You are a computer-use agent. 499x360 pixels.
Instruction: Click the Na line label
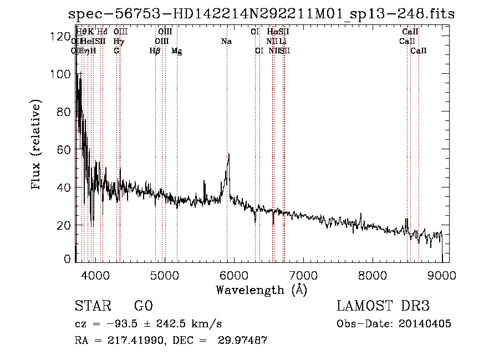click(226, 42)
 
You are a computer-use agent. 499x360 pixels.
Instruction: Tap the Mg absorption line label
click(176, 51)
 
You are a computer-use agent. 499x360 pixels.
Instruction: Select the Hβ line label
click(155, 51)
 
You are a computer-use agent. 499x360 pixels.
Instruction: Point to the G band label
click(116, 51)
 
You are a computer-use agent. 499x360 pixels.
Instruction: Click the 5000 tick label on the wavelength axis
click(164, 275)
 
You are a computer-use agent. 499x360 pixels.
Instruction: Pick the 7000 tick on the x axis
click(303, 275)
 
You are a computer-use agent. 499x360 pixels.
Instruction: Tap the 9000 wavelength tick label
click(442, 275)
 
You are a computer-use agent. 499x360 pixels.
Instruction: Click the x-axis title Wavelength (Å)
click(261, 290)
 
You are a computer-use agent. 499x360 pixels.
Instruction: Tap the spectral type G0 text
click(143, 306)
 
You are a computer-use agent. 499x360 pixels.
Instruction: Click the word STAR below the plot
click(91, 306)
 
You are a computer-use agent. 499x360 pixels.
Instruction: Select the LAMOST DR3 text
click(383, 306)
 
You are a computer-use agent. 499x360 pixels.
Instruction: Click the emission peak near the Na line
click(228, 155)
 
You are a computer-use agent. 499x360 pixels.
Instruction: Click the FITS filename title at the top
click(261, 14)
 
